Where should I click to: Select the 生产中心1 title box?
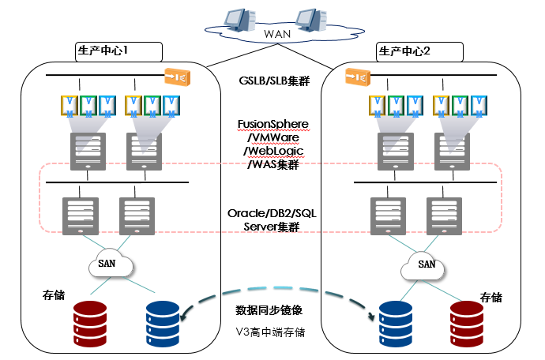118,51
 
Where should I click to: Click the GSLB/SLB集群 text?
272,81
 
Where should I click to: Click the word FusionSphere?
272,125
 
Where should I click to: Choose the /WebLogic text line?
272,151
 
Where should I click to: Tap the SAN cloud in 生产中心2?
427,264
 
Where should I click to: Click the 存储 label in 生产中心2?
491,298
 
